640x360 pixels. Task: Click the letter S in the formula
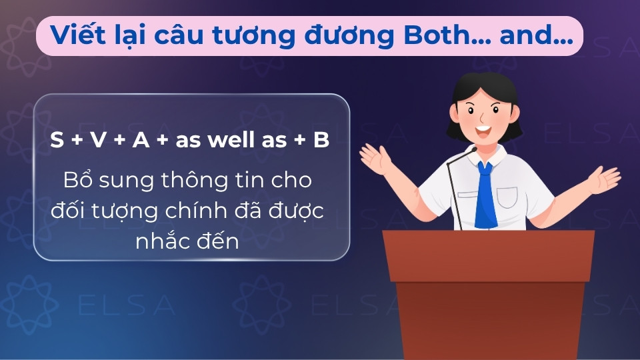(x=57, y=141)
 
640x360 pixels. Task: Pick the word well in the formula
(x=228, y=141)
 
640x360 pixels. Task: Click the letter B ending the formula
(x=321, y=141)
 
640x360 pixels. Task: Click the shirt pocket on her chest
(x=507, y=197)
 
